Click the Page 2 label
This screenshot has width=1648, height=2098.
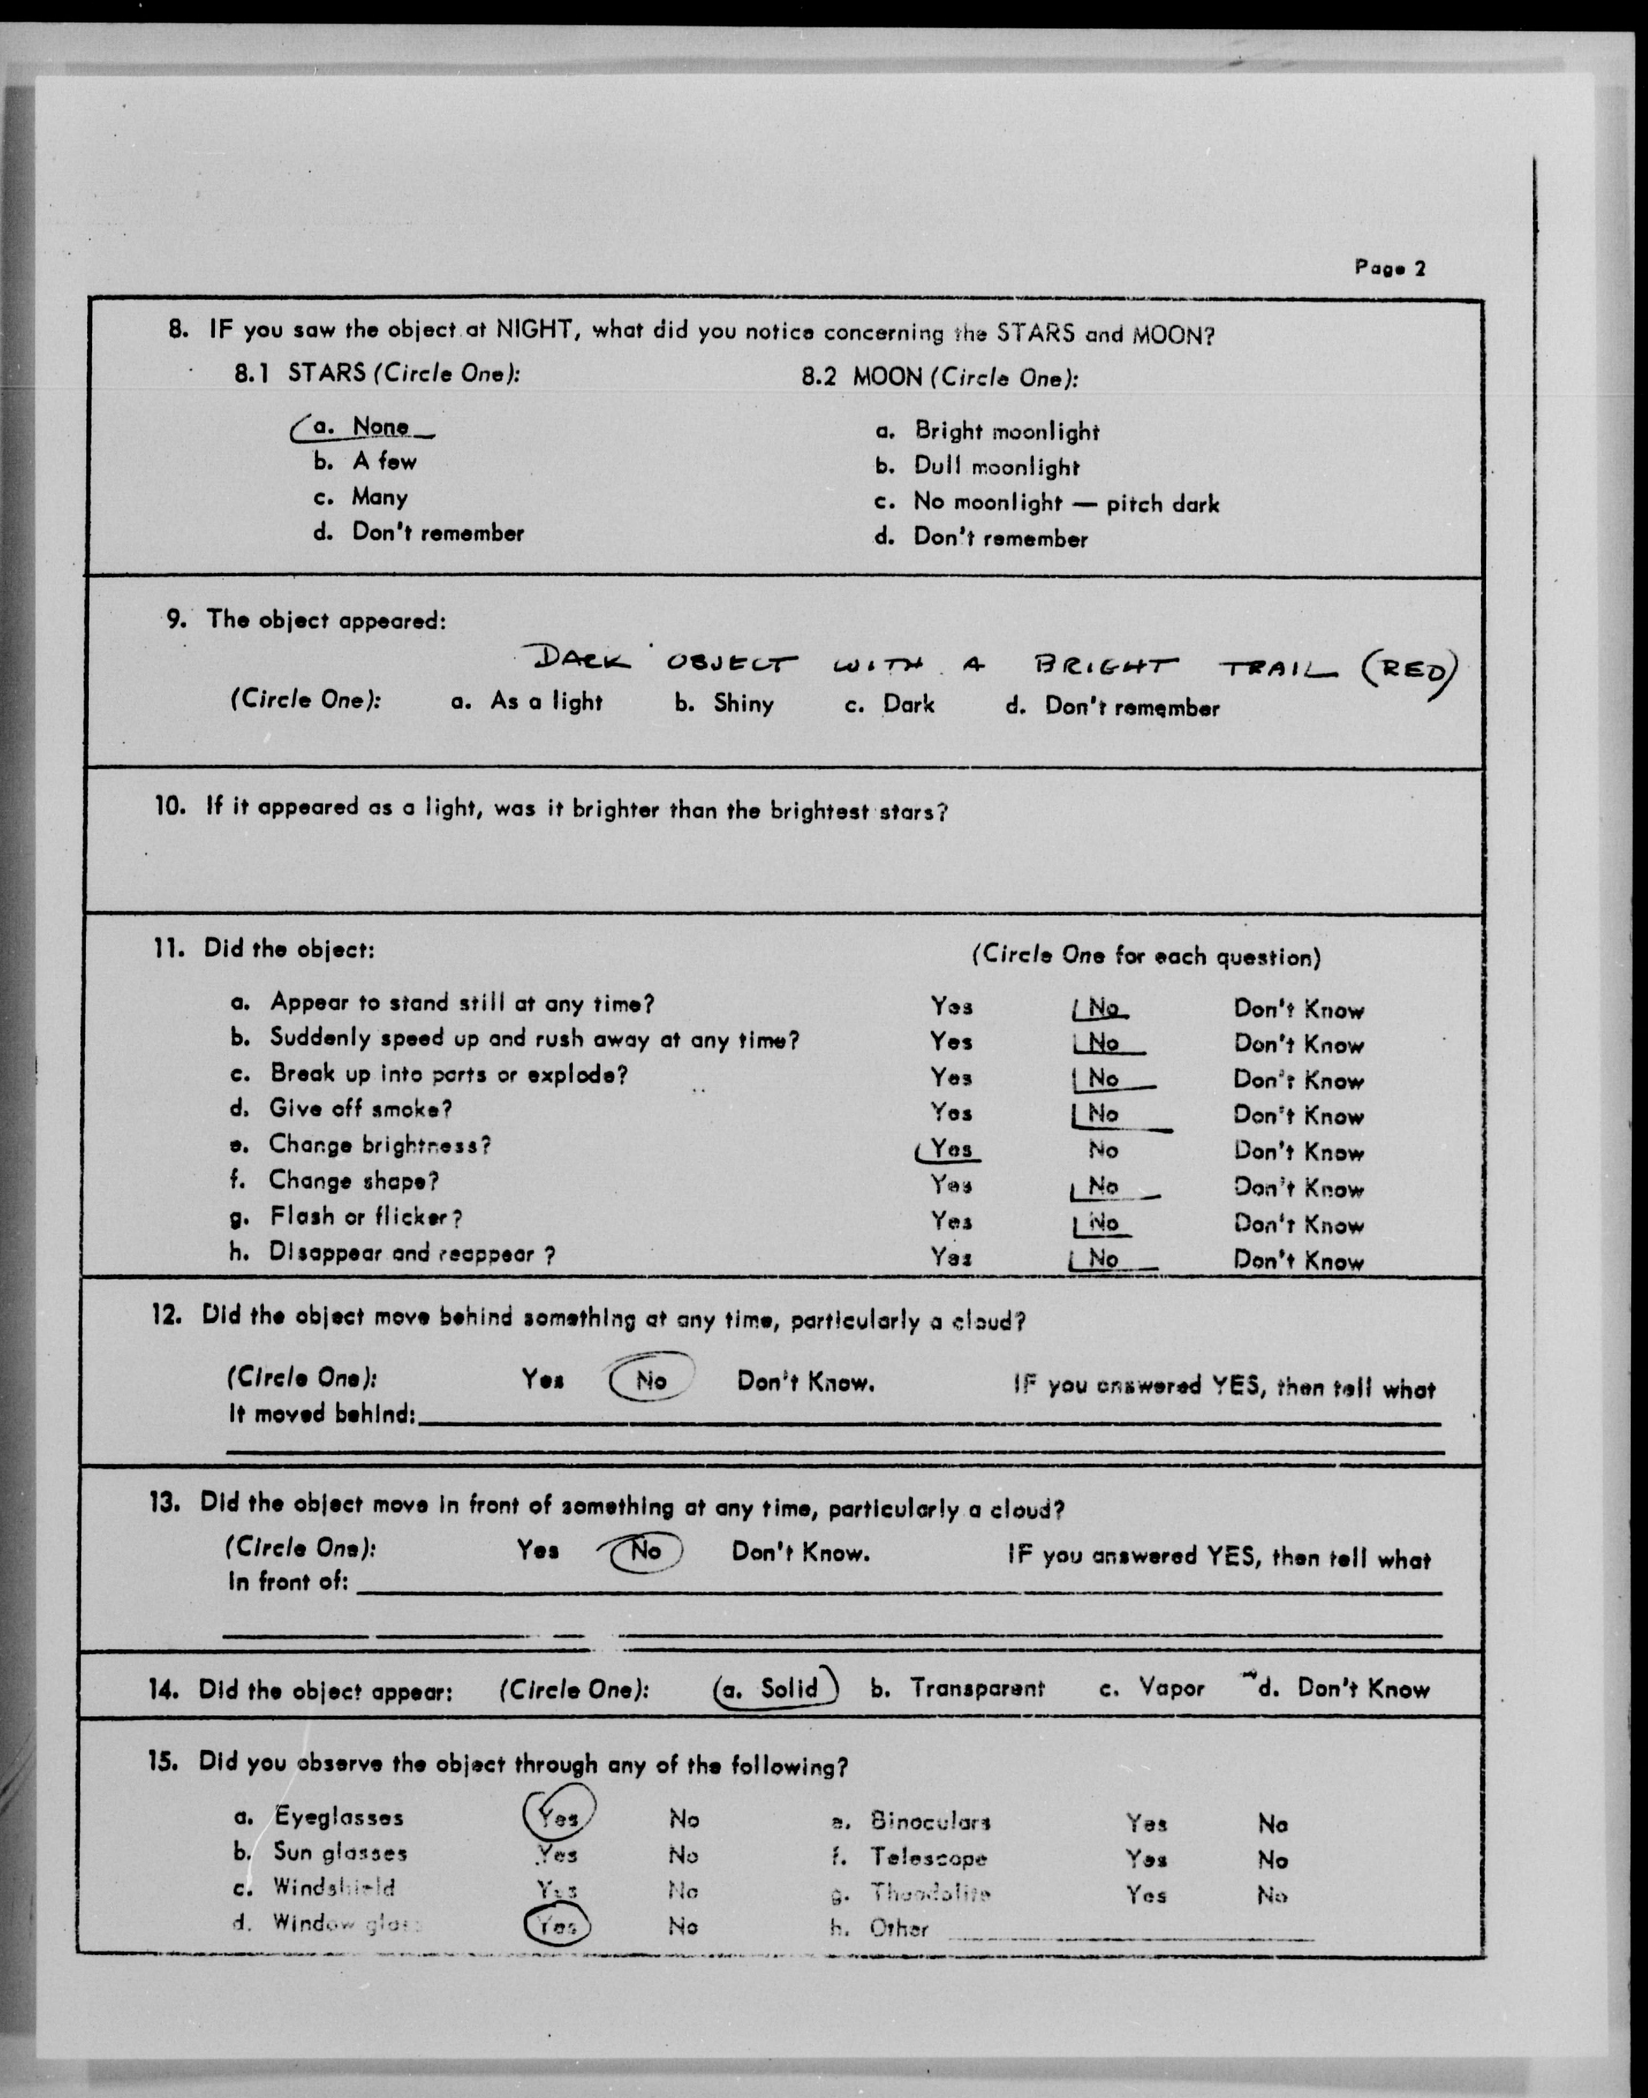(1389, 267)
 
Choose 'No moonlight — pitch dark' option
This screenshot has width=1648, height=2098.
(1065, 502)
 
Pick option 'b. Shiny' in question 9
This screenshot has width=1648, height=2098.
(724, 703)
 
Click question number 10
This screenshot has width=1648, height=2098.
(170, 806)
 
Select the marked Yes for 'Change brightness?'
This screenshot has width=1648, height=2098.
(950, 1149)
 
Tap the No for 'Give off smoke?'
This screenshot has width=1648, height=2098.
(1103, 1113)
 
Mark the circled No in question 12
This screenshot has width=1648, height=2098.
(651, 1381)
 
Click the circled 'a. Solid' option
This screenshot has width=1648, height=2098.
(777, 1688)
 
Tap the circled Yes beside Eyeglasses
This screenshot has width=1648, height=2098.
(558, 1817)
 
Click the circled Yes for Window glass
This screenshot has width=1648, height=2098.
(557, 1926)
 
